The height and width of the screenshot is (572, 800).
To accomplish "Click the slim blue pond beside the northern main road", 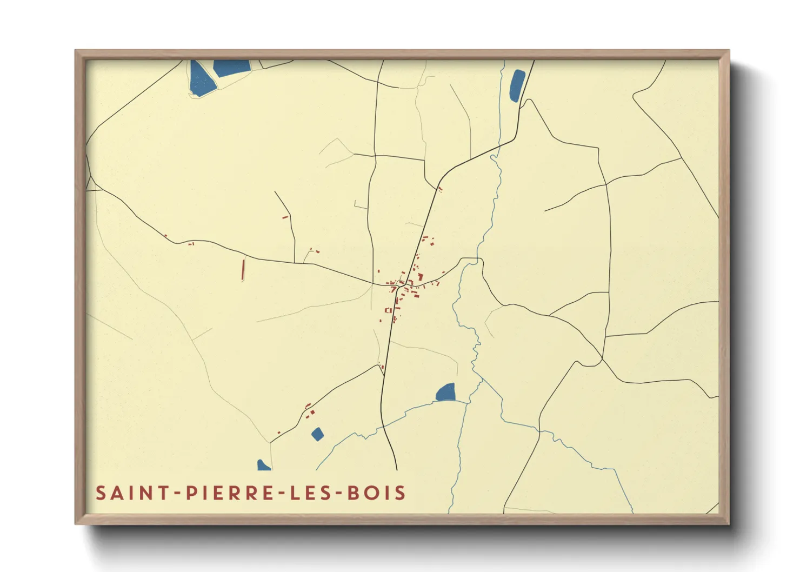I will [x=517, y=85].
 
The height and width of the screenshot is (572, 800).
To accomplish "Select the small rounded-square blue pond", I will [x=317, y=434].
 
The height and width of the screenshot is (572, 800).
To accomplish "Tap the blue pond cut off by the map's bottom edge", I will [x=263, y=466].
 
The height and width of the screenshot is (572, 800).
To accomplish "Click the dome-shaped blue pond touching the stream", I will [x=446, y=393].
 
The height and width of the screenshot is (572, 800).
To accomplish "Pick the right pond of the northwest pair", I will [x=232, y=67].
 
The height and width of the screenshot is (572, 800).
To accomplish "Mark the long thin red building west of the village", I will [x=243, y=269].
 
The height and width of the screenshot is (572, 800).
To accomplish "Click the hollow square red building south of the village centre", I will [x=388, y=310].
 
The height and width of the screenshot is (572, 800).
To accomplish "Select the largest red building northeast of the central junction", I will [x=420, y=277].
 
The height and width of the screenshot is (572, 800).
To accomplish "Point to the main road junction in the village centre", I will [x=399, y=284].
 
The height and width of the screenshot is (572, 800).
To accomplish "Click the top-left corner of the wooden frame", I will [x=76, y=51].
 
